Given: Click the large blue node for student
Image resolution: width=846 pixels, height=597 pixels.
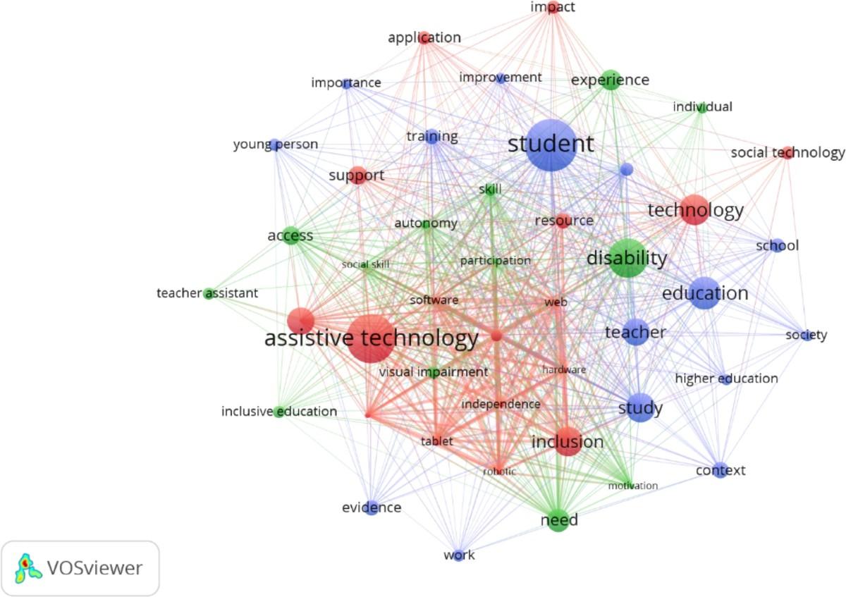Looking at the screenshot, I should tap(551, 144).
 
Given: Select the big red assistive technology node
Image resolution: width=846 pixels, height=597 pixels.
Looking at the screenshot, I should tap(372, 339).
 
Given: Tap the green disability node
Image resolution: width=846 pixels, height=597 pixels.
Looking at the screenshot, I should tap(627, 258).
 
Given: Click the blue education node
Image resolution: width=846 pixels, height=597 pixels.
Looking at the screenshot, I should tap(704, 293).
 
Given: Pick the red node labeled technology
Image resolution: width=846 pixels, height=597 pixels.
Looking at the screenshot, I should tap(694, 210).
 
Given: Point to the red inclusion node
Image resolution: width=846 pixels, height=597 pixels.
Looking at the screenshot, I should tap(568, 442).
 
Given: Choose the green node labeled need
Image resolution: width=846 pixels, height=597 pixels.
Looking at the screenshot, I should tap(558, 520).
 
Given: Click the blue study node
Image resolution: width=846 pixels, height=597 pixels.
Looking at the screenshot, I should tap(640, 408).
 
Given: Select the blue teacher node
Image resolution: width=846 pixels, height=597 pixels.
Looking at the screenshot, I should tap(635, 332).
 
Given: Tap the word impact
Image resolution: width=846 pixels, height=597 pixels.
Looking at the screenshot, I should tap(553, 7).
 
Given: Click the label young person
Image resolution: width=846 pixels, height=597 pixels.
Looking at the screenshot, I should tap(276, 144).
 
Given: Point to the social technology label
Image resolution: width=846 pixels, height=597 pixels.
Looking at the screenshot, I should tap(787, 152).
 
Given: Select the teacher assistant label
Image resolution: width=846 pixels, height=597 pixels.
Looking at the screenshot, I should tap(207, 293).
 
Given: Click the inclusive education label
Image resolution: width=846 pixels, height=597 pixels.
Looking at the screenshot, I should tap(279, 411).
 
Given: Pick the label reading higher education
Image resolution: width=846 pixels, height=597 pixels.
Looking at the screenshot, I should tap(726, 378).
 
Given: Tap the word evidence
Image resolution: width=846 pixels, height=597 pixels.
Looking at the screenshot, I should tap(372, 507).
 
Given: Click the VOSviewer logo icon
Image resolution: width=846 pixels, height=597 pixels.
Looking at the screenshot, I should tap(25, 567).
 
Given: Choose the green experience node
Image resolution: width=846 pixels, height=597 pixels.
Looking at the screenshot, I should tap(611, 80).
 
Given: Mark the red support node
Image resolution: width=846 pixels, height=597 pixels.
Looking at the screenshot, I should tap(357, 176).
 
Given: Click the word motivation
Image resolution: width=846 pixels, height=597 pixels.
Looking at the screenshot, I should tap(633, 486).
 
